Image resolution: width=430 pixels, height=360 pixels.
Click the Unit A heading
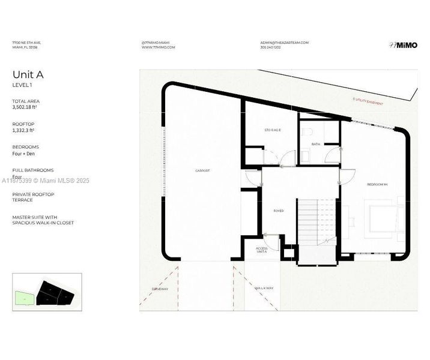(x=28, y=75)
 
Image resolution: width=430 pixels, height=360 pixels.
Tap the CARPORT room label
(x=202, y=171)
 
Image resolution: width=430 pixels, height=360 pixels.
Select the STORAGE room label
(x=273, y=130)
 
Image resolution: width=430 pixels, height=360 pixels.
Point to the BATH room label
(x=316, y=144)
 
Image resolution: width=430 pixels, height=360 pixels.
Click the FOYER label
(x=279, y=211)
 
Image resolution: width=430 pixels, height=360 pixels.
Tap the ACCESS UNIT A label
(x=262, y=250)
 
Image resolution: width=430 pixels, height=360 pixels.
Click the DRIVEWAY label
(x=160, y=289)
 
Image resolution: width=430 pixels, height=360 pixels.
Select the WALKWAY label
(x=264, y=289)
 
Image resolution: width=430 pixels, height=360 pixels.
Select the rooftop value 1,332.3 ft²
(x=23, y=130)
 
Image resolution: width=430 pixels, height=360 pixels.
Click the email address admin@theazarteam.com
(x=284, y=43)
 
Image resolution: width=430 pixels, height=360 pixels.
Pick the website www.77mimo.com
(x=158, y=47)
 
